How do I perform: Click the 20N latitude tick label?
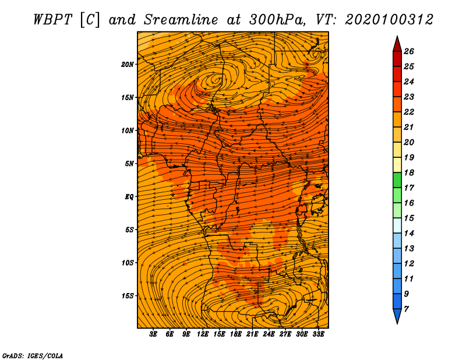pos(128,65)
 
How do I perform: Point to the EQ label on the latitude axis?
pos(129,197)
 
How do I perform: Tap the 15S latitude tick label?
pos(128,296)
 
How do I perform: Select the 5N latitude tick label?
pos(129,164)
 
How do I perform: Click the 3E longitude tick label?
pos(153,334)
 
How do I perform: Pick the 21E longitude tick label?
pos(252,334)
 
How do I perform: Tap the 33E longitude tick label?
pos(318,334)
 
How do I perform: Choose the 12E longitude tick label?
pos(203,334)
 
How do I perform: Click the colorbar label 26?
pos(409,51)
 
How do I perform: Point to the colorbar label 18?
pos(409,172)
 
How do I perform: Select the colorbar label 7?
pos(406,309)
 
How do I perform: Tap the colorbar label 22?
pos(409,112)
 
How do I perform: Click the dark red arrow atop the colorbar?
pos(397,45)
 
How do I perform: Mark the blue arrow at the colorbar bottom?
pos(397,315)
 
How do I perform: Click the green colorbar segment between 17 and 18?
pos(397,180)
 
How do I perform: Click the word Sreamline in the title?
pos(181,20)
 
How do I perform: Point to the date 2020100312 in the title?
pos(389,20)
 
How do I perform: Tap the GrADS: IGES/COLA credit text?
pos(33,355)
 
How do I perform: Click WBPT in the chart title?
pos(52,20)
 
